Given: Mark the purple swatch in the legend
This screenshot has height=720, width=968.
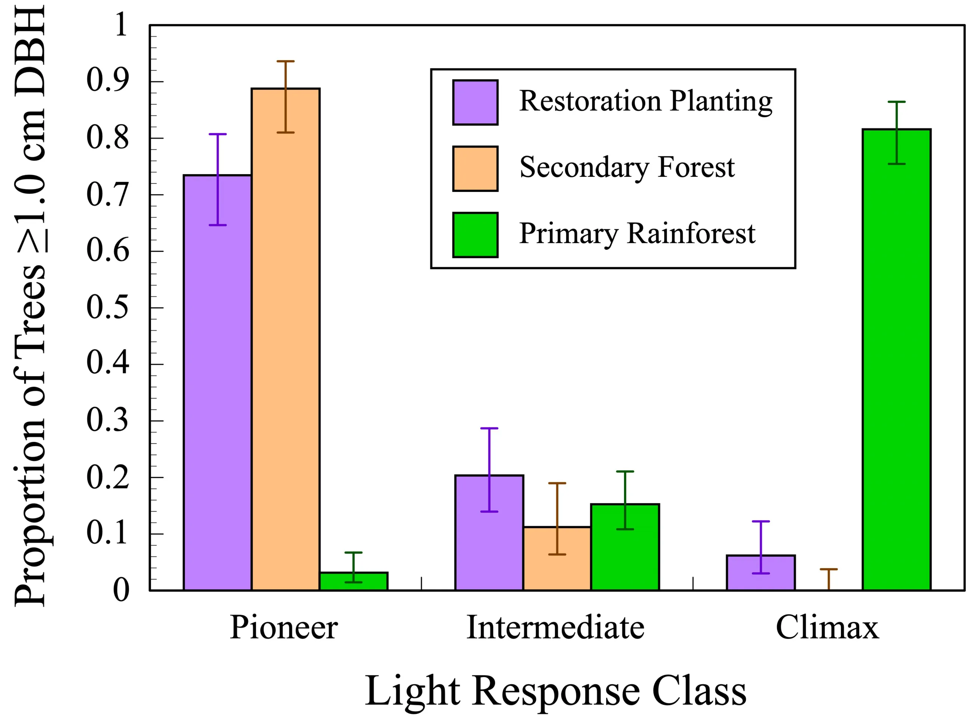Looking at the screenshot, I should click(x=475, y=102).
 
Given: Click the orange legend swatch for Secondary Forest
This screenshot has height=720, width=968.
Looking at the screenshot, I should click(x=475, y=169).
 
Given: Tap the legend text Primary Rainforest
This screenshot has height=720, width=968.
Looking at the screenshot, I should click(x=637, y=234).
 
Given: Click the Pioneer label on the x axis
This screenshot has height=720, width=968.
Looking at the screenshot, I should click(x=284, y=628).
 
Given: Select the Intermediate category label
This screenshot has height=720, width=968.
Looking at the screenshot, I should click(x=555, y=628).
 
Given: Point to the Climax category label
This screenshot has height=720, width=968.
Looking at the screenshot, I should click(x=827, y=628).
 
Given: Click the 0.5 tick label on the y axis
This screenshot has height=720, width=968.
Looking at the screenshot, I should click(x=108, y=308).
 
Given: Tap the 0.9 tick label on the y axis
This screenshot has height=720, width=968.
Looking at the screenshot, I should click(x=108, y=82).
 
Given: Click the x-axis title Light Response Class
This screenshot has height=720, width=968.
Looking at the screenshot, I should click(x=555, y=691).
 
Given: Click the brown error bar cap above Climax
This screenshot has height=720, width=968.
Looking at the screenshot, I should click(x=828, y=569).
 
